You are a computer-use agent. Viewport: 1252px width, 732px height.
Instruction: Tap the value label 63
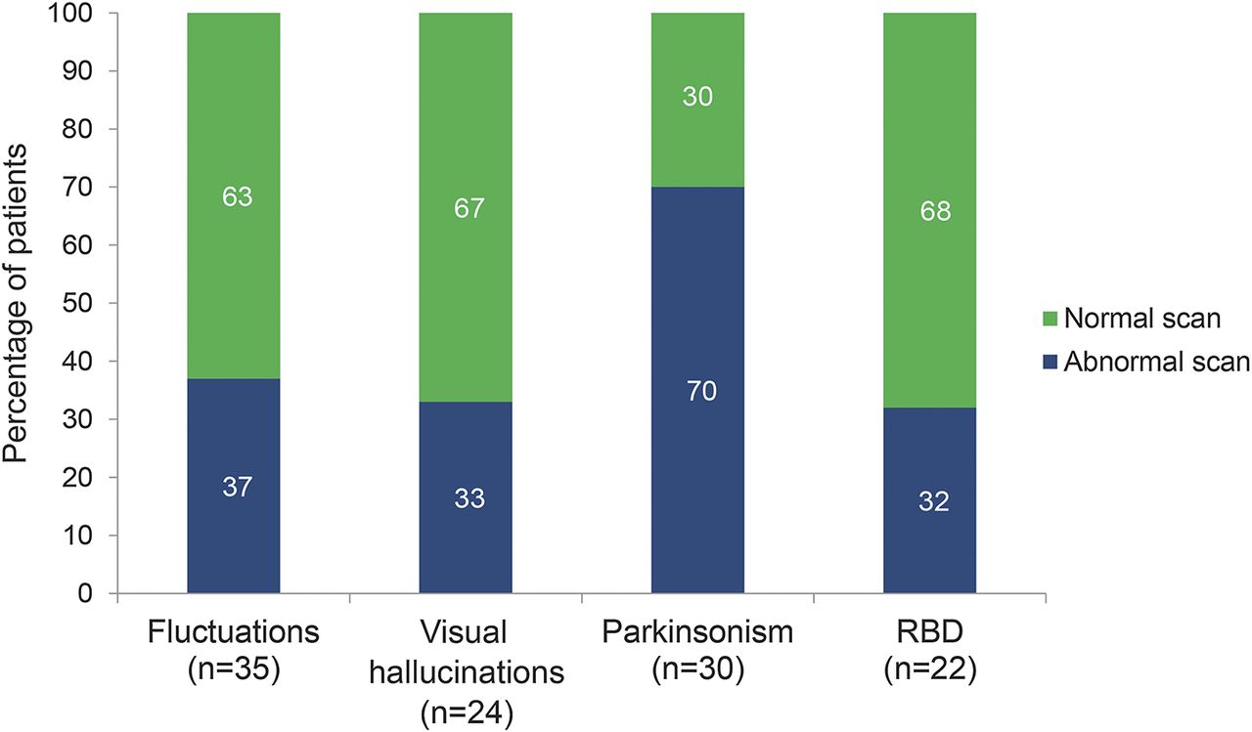point(237,197)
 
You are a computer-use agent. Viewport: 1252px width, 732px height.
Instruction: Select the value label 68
point(935,212)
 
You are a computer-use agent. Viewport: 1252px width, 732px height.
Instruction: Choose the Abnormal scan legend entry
point(1140,363)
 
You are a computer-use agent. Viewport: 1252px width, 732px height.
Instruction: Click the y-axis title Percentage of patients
point(18,303)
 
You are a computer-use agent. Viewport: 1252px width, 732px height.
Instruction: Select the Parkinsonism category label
point(698,631)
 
